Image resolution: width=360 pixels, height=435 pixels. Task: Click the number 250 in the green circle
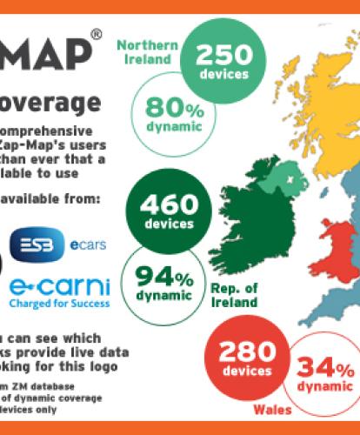[224, 57]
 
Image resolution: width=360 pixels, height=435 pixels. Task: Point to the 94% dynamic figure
[163, 279]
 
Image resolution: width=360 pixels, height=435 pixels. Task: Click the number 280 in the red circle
[247, 351]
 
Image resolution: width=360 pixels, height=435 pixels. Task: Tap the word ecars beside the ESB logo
[88, 244]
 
